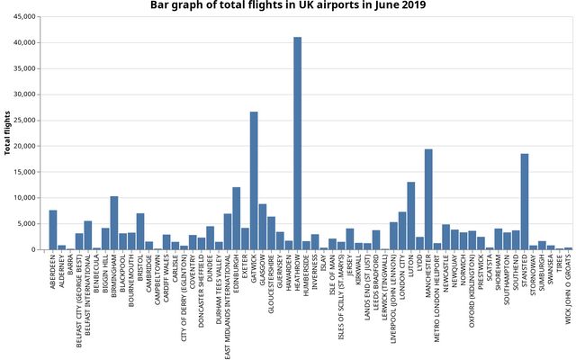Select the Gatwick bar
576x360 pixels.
[254, 181]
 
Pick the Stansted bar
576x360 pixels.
[525, 202]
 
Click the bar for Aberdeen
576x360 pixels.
[53, 230]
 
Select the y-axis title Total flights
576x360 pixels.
[8, 133]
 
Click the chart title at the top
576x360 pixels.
[288, 6]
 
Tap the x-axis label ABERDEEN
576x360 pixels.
[54, 274]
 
